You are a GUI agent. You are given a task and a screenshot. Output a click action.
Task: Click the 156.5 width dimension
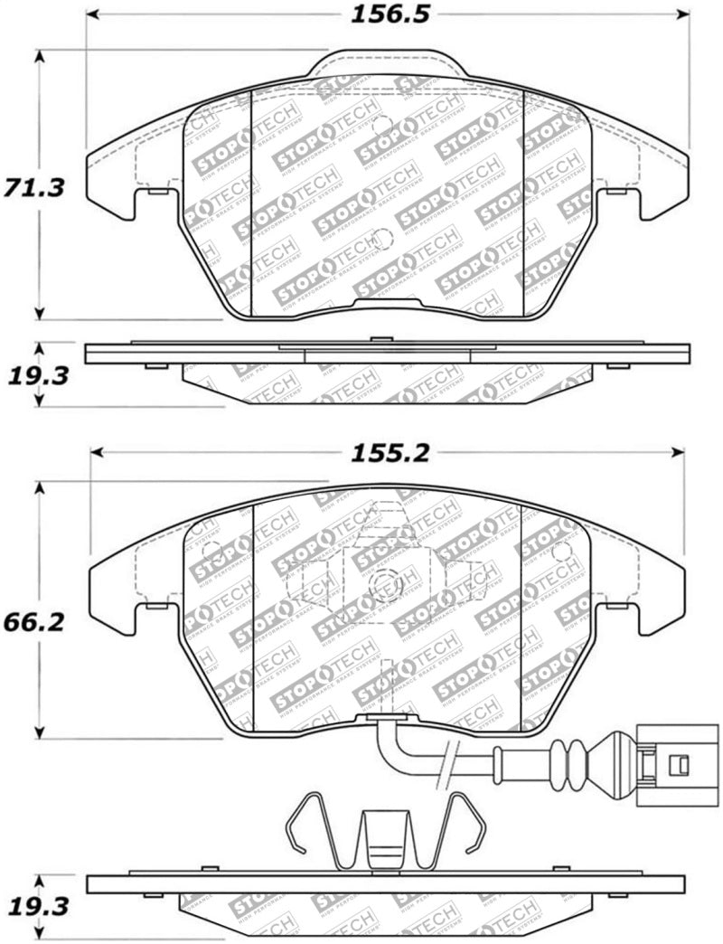coord(388,14)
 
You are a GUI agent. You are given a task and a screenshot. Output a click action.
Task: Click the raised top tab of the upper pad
coord(388,63)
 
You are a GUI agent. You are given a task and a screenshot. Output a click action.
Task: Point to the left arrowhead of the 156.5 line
coord(92,15)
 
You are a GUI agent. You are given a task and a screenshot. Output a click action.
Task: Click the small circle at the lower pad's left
coord(211,550)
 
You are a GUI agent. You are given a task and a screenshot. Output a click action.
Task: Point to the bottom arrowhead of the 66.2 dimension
coord(39,732)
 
